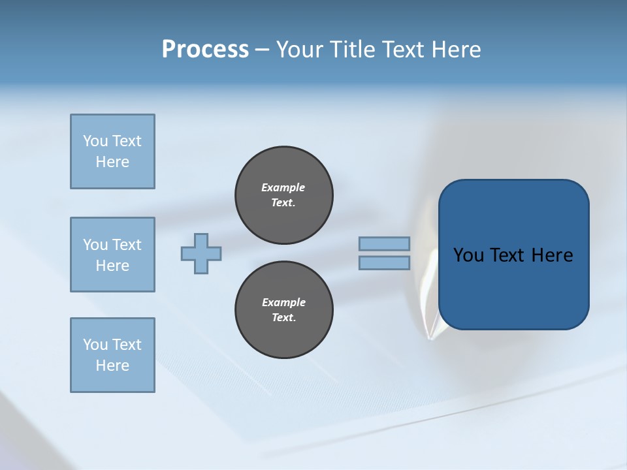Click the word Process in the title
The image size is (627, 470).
click(x=205, y=50)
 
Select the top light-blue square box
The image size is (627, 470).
click(x=112, y=151)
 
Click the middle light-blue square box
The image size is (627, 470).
click(x=112, y=255)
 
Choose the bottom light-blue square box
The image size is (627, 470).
click(x=112, y=355)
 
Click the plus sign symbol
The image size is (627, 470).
click(x=201, y=253)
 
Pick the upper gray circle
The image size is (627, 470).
click(x=284, y=195)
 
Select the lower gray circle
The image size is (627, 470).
click(x=284, y=310)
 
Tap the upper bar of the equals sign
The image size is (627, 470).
click(x=384, y=243)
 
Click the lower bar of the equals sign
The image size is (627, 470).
click(x=384, y=262)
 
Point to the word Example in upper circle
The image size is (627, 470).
click(x=283, y=187)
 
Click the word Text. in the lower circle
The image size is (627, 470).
click(x=283, y=318)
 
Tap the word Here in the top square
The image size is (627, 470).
click(x=112, y=162)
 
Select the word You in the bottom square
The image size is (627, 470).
click(x=95, y=345)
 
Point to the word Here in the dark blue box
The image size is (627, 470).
click(x=552, y=255)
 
